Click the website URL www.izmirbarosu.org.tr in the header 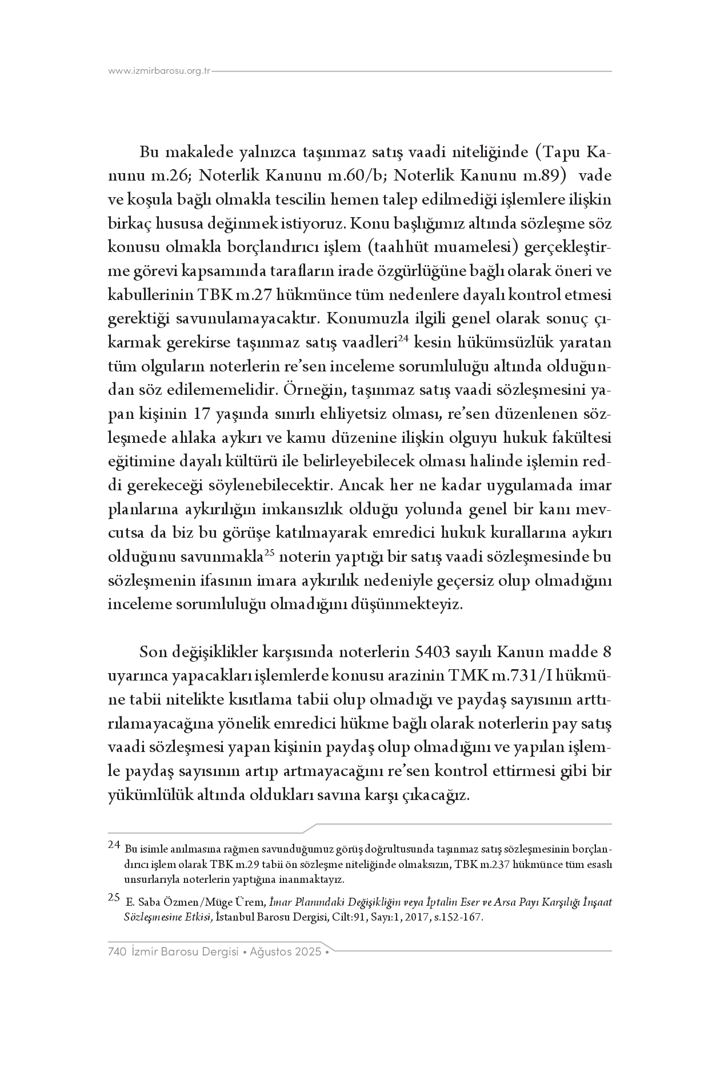pyautogui.click(x=159, y=71)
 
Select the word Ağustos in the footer pyautogui.click(x=271, y=953)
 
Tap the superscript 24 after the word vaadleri pyautogui.click(x=402, y=338)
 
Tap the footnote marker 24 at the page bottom pyautogui.click(x=114, y=845)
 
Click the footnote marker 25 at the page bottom pyautogui.click(x=114, y=897)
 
